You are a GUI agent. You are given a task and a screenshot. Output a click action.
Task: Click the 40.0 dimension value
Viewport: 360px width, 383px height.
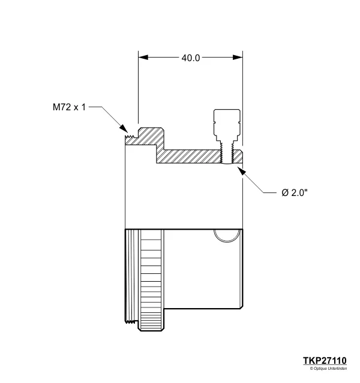(190, 58)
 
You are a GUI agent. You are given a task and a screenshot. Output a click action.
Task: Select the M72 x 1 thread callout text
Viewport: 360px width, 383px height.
(69, 108)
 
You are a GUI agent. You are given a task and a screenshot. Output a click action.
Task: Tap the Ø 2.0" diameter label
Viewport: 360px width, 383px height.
(295, 192)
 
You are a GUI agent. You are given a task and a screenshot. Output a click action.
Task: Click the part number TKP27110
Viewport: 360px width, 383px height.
(325, 360)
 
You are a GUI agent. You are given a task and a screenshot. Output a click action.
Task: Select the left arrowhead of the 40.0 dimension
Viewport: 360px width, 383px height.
(143, 58)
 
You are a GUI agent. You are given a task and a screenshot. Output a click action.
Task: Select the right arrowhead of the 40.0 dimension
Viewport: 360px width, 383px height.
(238, 58)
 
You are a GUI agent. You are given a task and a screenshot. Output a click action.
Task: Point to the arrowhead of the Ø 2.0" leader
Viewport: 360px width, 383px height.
(242, 170)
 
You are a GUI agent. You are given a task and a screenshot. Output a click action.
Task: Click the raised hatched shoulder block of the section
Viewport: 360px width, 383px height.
(150, 137)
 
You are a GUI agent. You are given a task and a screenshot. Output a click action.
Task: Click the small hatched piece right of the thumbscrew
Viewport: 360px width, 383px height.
(238, 157)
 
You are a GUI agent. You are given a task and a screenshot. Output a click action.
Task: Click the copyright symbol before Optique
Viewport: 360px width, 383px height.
(312, 369)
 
